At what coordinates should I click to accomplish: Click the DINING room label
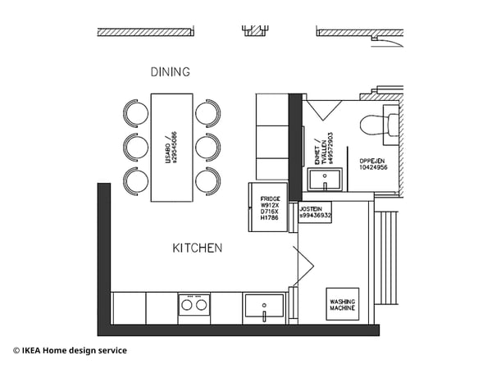tap(170, 72)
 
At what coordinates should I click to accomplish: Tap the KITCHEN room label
tap(197, 248)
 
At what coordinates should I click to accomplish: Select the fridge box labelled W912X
tap(269, 208)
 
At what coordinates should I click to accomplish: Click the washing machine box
tap(342, 303)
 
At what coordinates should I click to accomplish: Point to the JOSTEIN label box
tap(315, 212)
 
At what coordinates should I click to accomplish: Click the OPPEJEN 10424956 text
tap(373, 163)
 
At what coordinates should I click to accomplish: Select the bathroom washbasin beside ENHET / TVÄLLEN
tap(332, 178)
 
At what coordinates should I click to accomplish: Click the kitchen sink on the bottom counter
tap(264, 307)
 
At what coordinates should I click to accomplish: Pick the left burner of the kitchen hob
tap(187, 305)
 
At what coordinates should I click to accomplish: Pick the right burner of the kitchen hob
tap(201, 305)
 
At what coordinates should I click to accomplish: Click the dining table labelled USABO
tap(171, 147)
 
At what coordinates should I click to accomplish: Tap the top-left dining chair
tap(136, 112)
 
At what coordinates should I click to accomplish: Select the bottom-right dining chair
tap(207, 180)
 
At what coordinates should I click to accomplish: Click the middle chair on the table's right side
tap(207, 147)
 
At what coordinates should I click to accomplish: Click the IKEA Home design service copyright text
tap(70, 351)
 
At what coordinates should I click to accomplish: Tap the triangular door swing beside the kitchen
tap(304, 262)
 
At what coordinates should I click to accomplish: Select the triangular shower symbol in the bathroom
tap(324, 110)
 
